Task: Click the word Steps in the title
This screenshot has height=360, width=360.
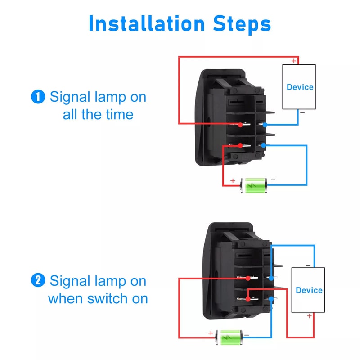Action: pos(239,23)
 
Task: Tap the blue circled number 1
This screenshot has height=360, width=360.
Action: pos(38,97)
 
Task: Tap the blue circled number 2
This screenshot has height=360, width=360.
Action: pos(38,281)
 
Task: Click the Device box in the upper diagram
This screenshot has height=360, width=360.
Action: pos(299,87)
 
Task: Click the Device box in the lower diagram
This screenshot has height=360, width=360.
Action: pos(308,290)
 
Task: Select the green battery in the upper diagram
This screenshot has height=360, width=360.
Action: pos(256,185)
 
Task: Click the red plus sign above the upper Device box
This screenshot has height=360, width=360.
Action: pos(294,61)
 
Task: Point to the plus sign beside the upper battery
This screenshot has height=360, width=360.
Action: pos(233,181)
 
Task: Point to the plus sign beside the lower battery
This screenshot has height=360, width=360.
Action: pos(210,333)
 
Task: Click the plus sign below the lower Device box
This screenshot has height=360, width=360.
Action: pos(309,316)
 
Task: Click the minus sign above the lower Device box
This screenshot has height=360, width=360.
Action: pos(308,265)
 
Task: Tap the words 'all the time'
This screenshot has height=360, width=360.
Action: pos(98,114)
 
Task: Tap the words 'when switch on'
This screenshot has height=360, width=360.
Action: pos(98,298)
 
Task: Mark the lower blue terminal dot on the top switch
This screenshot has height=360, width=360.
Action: pos(264,145)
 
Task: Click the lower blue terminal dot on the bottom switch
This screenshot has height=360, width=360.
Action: pos(271,299)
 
